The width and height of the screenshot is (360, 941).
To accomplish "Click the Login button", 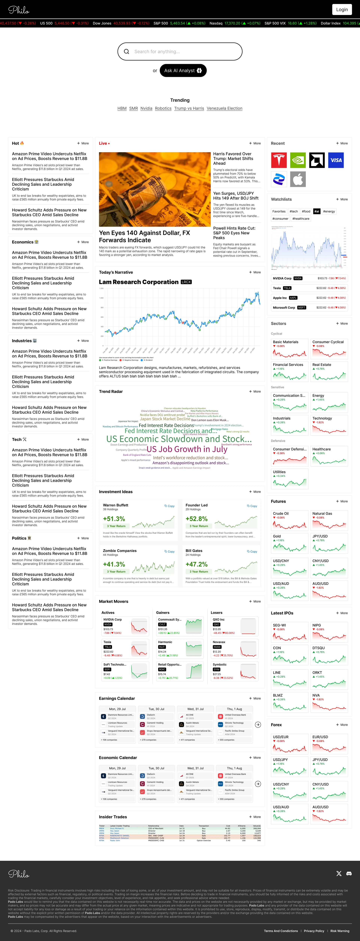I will coord(342,10).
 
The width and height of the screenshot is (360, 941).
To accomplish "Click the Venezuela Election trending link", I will coord(224,109).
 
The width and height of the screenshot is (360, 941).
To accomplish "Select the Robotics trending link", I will coord(163,109).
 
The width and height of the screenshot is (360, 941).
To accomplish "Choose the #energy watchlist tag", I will coord(329,211).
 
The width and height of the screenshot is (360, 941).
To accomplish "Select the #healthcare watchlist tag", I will coord(301,219).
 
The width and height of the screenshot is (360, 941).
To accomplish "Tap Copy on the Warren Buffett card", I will coord(169,506).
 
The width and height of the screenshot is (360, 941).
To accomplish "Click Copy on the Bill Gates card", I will coord(252,552).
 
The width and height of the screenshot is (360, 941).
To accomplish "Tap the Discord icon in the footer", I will coord(349,873).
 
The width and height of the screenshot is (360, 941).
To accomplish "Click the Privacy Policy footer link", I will coord(314,931).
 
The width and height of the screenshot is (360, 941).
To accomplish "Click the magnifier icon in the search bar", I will coord(126,52).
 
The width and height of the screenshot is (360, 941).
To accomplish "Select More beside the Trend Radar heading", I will coord(255,392).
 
